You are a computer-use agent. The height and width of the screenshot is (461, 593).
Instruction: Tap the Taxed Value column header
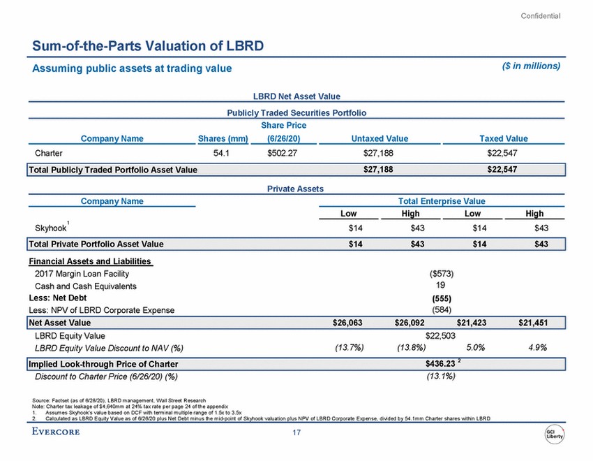(504, 138)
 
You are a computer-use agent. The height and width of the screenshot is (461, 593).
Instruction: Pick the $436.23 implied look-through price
(440, 364)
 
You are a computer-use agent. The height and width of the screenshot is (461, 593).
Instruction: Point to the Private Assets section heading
(296, 188)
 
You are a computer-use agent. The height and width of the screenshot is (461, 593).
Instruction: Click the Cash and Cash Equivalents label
(86, 286)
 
